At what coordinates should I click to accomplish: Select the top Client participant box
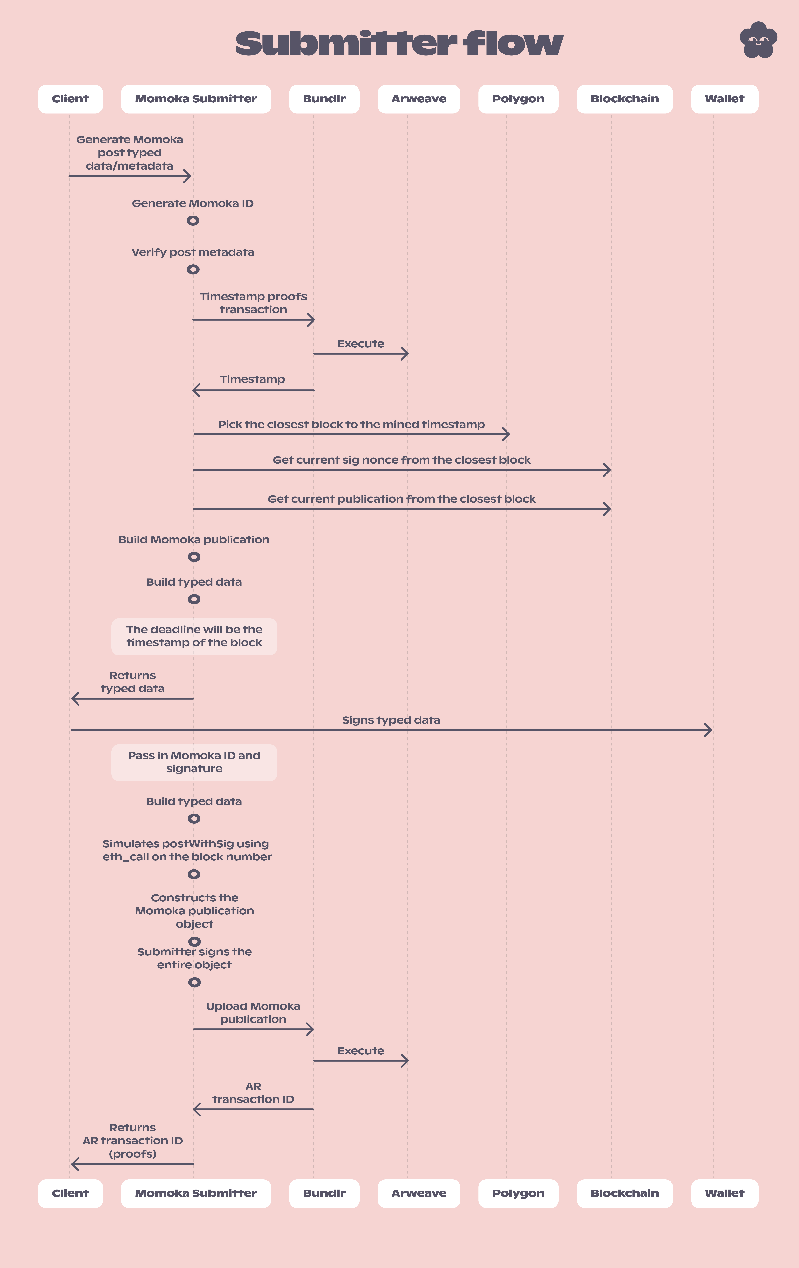click(x=70, y=99)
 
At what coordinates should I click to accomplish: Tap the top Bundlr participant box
click(x=324, y=99)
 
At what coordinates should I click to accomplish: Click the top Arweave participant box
click(x=419, y=99)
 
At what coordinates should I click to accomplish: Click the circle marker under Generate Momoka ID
click(x=193, y=221)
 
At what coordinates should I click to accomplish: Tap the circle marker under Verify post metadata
click(x=193, y=270)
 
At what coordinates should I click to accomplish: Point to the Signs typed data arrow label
click(x=391, y=720)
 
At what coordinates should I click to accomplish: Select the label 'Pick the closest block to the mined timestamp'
click(x=351, y=424)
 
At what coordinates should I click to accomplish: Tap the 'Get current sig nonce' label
click(x=401, y=460)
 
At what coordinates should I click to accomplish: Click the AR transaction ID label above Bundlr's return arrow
click(x=253, y=1093)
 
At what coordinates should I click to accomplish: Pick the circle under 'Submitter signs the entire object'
click(x=194, y=982)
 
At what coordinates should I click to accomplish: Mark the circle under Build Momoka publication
click(x=194, y=557)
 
